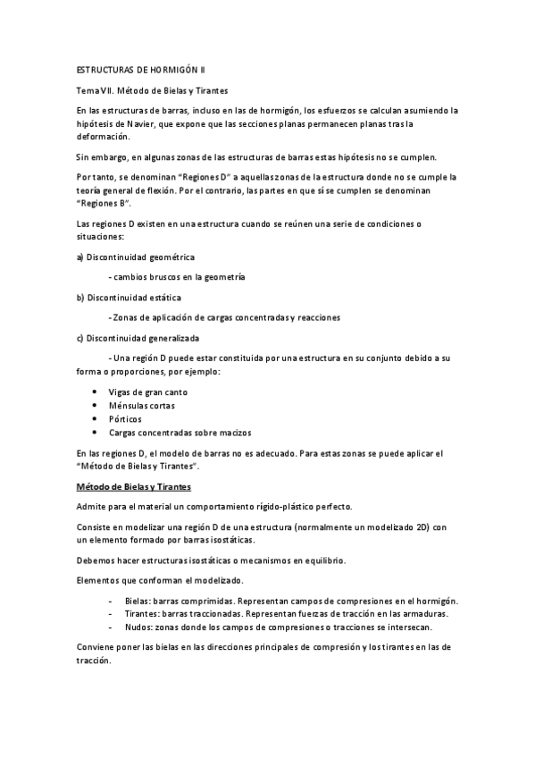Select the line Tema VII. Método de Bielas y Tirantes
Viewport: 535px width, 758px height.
pos(153,90)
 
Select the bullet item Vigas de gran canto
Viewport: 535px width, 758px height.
pos(147,392)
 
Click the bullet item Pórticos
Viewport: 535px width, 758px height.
pos(125,419)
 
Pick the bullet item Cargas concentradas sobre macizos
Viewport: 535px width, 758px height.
pos(175,433)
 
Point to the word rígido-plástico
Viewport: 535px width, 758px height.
pos(272,506)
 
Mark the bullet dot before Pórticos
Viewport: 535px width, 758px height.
pos(96,419)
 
